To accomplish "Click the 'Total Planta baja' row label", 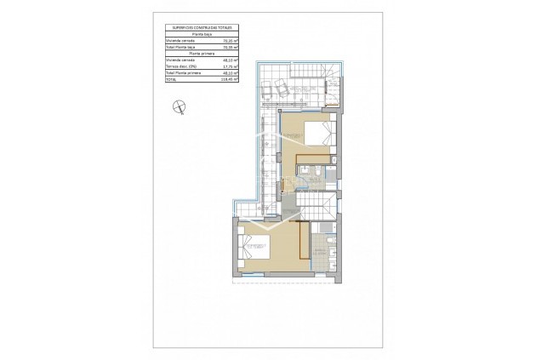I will pos(181,47).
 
